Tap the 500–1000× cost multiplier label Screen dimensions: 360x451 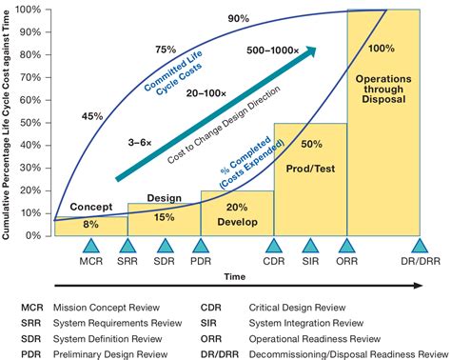coord(274,49)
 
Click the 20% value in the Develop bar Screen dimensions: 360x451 coord(237,207)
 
